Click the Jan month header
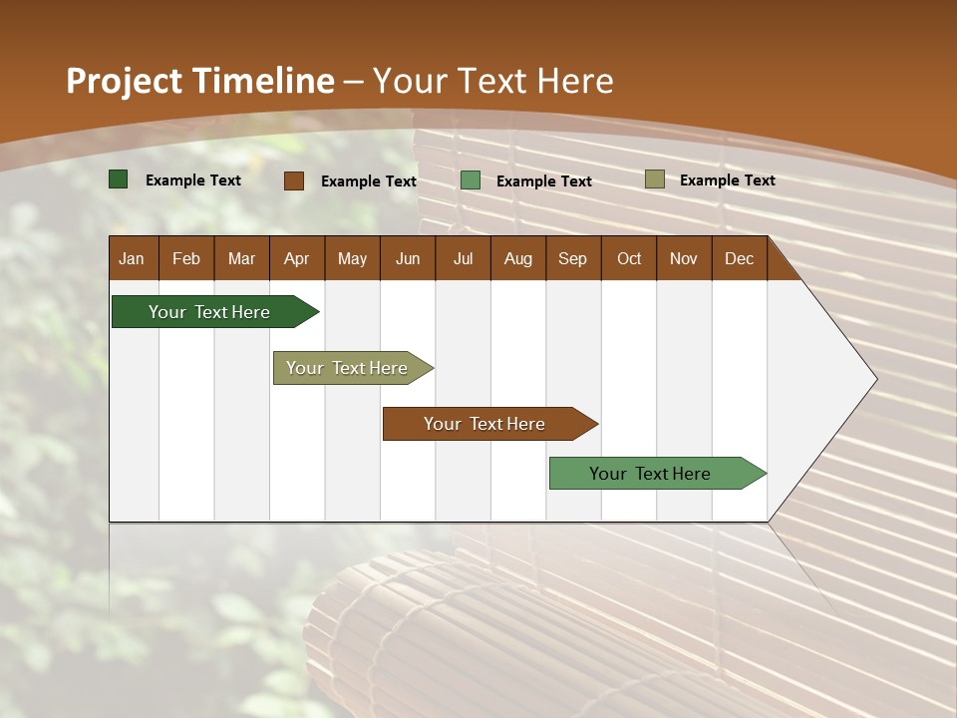coord(132,258)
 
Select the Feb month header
coord(186,258)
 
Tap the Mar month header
coord(241,258)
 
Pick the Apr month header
coord(296,258)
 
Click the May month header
coord(352,258)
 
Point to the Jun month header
coord(408,258)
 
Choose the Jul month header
coord(463,258)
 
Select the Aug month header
coord(517,258)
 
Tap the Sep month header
coord(572,258)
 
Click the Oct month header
coord(629,258)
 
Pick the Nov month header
coord(684,258)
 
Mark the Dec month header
coord(739,258)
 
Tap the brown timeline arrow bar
coord(485,424)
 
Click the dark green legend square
coord(119,179)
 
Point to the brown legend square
coord(294,180)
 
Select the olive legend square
coord(654,179)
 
